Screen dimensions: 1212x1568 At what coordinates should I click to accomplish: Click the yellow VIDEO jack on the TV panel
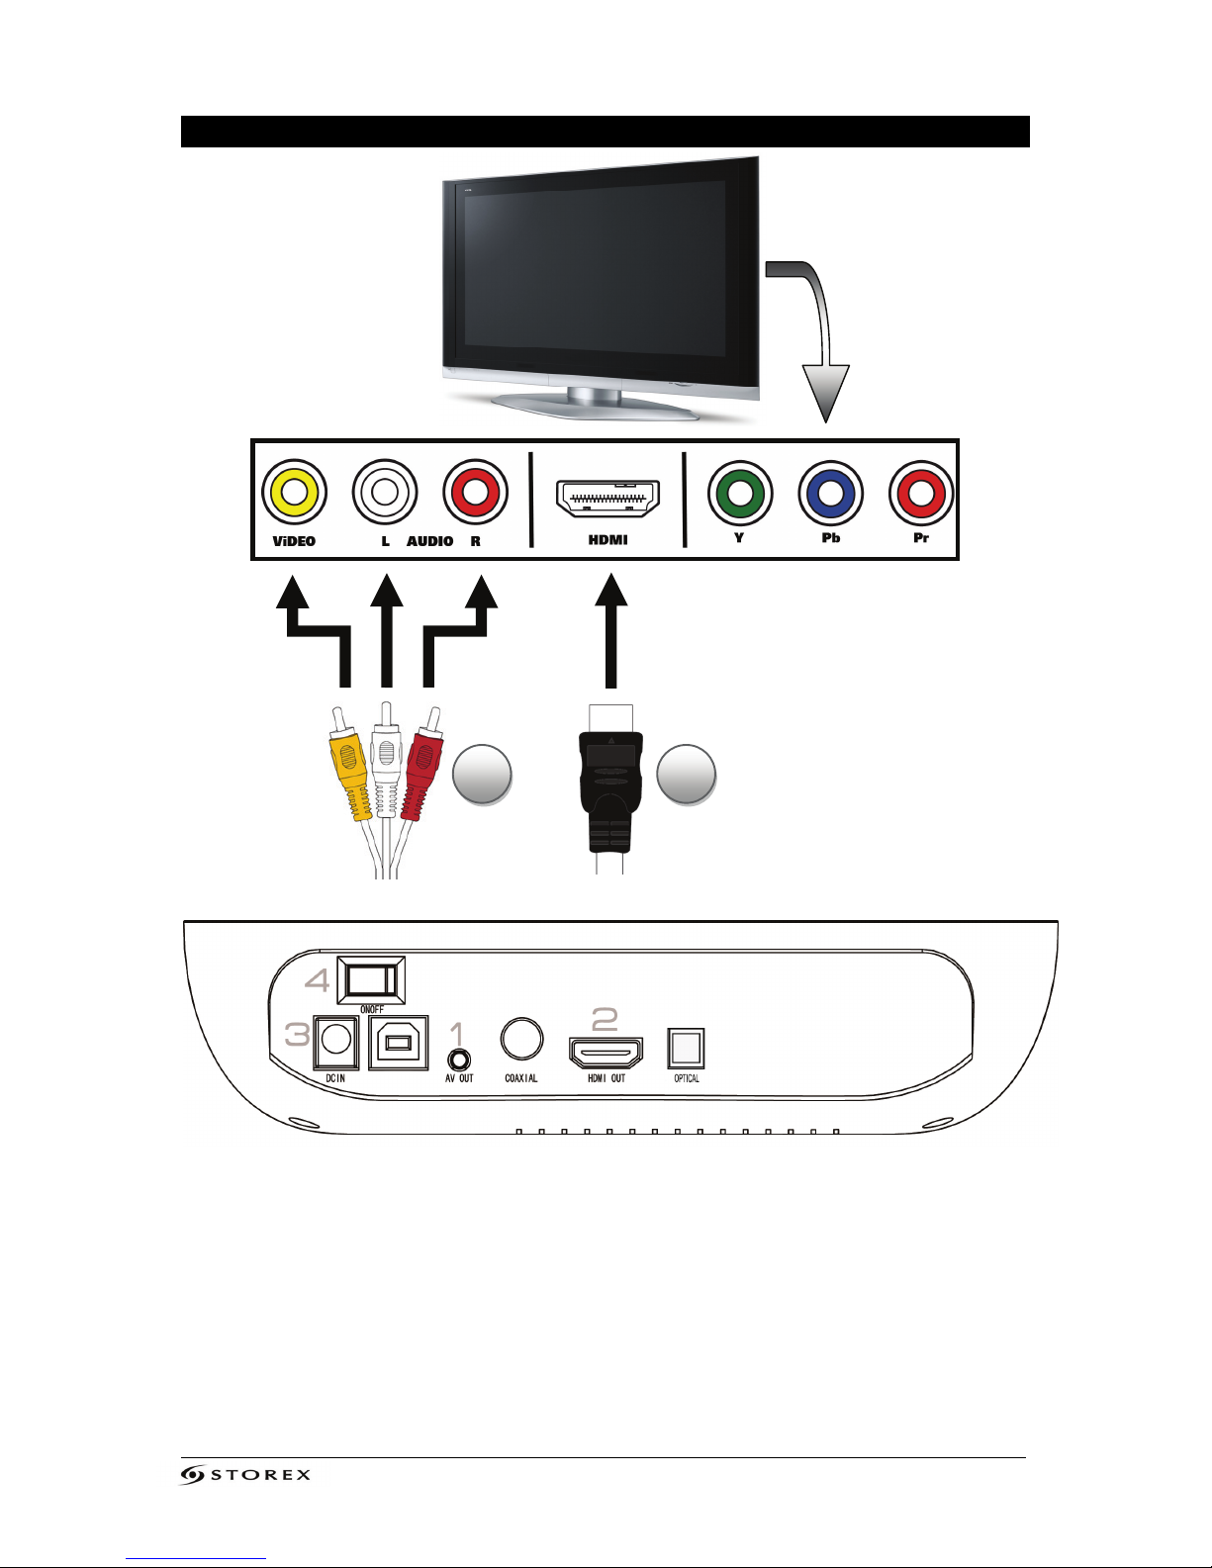click(294, 492)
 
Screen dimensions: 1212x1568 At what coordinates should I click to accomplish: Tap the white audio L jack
click(385, 492)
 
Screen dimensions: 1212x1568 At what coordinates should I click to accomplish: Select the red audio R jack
click(476, 492)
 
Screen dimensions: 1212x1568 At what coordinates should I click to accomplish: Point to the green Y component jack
click(740, 493)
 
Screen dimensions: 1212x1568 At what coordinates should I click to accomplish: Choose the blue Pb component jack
click(831, 493)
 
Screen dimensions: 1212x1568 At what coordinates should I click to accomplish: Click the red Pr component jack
click(921, 493)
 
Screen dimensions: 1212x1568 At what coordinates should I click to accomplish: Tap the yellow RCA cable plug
click(349, 767)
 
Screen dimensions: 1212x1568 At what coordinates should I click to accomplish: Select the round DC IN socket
click(335, 1041)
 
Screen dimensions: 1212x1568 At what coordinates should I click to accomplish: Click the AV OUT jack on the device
click(458, 1059)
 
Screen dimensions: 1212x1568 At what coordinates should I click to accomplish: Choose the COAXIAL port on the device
click(521, 1039)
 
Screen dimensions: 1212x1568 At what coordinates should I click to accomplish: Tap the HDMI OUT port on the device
click(606, 1052)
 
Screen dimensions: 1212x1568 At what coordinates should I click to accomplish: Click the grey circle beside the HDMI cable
click(686, 774)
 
